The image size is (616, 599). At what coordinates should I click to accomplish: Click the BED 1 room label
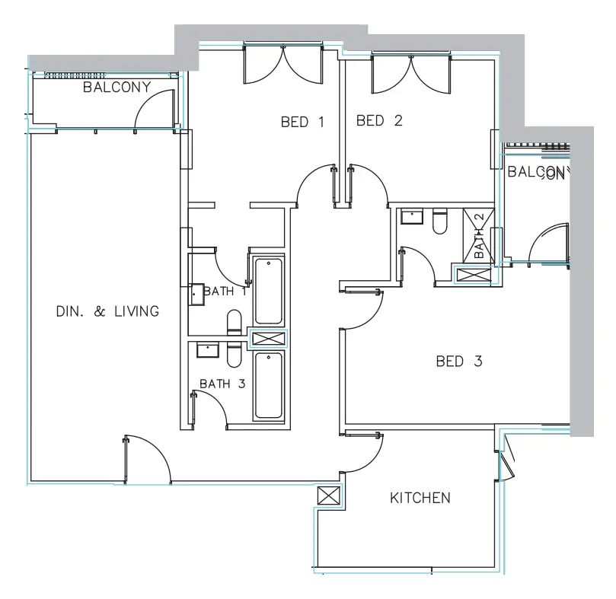coord(302,122)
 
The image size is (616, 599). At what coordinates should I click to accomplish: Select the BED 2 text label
coord(378,120)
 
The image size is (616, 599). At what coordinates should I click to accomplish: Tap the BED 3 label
coord(458,362)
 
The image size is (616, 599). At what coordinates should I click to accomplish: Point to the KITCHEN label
coord(420,499)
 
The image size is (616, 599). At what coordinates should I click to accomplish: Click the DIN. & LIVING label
coord(107,311)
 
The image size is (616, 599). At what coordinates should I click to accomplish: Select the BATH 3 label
coord(222,384)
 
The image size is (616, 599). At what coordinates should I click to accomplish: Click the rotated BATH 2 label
coord(479,236)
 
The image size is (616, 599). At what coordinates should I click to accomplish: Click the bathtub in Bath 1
coord(269,292)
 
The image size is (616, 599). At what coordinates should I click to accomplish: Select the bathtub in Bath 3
coord(269,385)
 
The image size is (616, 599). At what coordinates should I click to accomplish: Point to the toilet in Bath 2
coord(439,221)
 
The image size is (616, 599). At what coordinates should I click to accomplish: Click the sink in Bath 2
coord(412,217)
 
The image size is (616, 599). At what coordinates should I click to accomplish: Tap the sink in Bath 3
coord(207,349)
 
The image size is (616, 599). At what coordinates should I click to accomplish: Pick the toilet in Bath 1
coord(235,322)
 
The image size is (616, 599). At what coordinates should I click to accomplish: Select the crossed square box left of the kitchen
coord(329,496)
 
